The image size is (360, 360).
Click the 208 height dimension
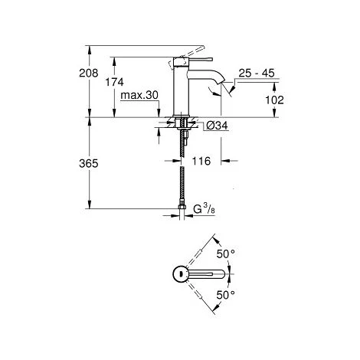(89, 73)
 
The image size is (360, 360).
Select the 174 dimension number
(114, 82)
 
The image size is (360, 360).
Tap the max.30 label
(139, 95)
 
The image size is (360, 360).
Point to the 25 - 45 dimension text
(257, 73)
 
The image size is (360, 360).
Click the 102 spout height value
(274, 100)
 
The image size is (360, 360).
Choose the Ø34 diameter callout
(217, 126)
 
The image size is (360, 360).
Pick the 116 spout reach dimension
(201, 161)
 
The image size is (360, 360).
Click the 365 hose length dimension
(89, 163)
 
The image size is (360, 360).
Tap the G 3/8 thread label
(204, 209)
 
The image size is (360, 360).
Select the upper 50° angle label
(226, 254)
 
